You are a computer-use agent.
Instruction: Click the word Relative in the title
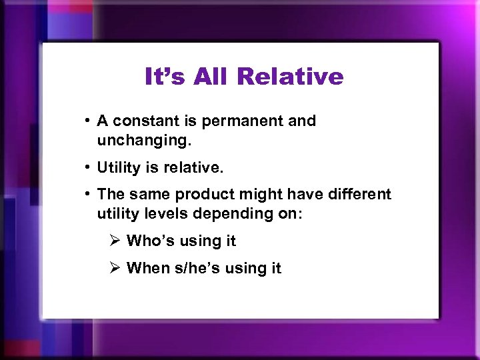pos(289,77)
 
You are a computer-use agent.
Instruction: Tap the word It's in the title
pos(164,77)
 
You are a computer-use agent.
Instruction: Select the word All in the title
pos(210,77)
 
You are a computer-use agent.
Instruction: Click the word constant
pos(141,121)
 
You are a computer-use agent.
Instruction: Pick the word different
pos(357,194)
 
